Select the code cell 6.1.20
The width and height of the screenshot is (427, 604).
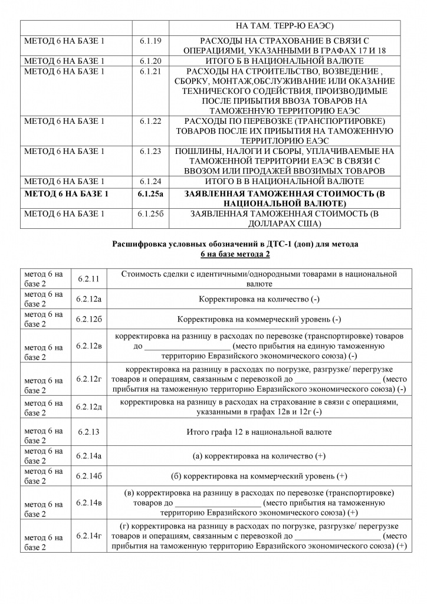[150, 60]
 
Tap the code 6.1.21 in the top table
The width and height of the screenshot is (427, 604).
[150, 71]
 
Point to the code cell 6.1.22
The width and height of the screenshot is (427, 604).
[150, 121]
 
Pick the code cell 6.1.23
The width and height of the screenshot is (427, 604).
[150, 151]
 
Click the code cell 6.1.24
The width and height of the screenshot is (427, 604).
[150, 180]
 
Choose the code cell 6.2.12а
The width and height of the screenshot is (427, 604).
[89, 299]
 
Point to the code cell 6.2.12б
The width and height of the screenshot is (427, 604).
[89, 319]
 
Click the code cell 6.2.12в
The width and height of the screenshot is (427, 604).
[89, 346]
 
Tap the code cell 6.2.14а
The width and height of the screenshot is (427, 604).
[89, 456]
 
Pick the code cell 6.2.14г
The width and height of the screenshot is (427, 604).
[89, 536]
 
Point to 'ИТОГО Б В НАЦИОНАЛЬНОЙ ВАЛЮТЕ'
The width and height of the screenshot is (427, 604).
[280, 60]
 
